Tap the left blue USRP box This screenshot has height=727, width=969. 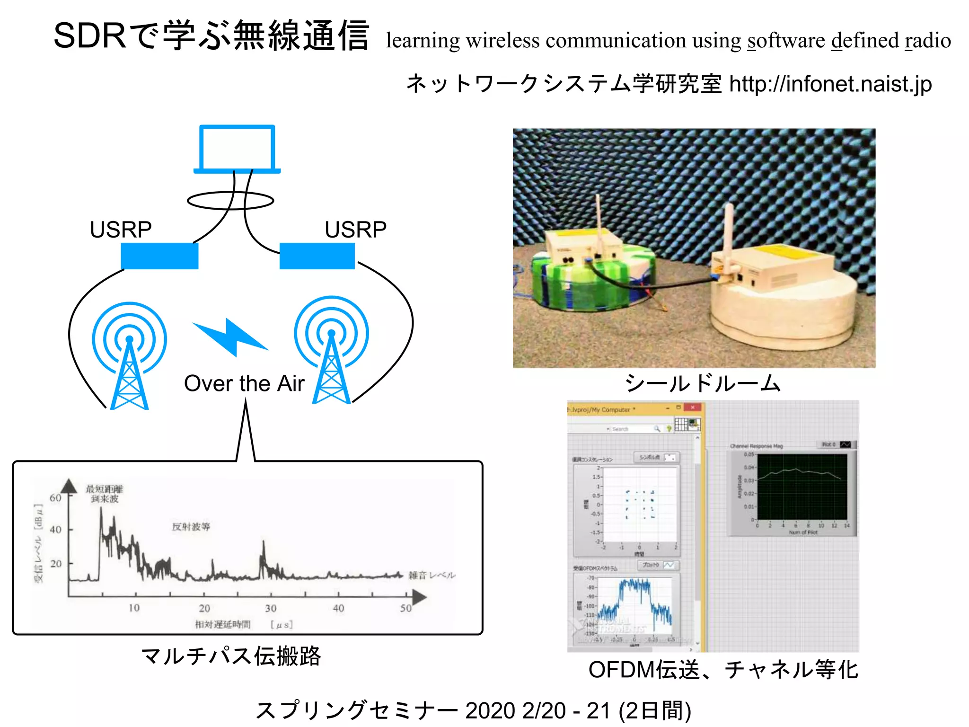click(159, 256)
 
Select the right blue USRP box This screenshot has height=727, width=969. click(317, 256)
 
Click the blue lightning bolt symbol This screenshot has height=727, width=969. click(230, 337)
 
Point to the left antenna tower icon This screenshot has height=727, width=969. click(129, 360)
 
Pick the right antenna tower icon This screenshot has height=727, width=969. click(331, 355)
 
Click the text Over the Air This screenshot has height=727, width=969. click(244, 383)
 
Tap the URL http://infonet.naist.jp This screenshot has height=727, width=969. click(830, 84)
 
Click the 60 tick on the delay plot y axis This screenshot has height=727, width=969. click(56, 498)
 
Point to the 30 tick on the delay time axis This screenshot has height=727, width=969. click(270, 608)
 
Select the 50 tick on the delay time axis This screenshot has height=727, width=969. click(405, 608)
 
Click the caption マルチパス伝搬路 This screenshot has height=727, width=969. click(231, 656)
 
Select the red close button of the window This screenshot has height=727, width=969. click(692, 408)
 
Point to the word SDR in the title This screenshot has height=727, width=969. click(90, 36)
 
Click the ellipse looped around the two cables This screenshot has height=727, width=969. click(230, 201)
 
